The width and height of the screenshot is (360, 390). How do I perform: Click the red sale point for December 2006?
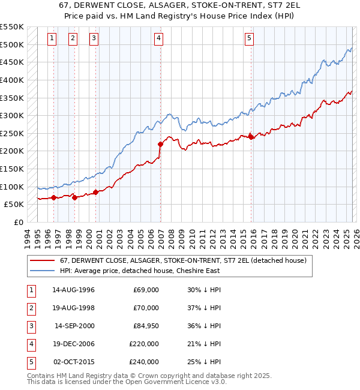tap(160, 144)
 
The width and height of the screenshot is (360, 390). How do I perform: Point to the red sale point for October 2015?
tap(251, 137)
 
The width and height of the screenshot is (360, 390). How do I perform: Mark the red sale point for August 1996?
tap(53, 197)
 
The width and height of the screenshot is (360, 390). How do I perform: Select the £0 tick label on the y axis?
tap(18, 222)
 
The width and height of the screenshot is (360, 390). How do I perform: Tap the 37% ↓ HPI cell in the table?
tap(204, 308)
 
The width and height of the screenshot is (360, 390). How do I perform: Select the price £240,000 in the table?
tap(144, 362)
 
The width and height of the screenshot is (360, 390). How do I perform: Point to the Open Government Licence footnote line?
tap(127, 382)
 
